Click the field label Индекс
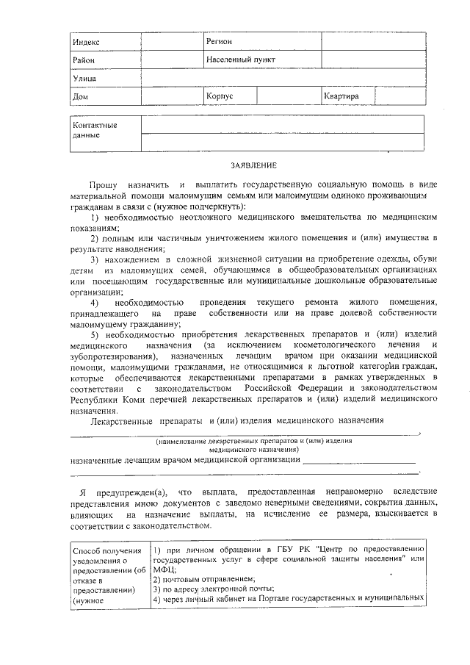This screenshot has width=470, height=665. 86,42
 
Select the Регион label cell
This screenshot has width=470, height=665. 220,41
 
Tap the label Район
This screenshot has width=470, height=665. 84,60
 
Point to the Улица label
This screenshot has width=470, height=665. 84,78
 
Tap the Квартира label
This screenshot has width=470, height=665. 341,96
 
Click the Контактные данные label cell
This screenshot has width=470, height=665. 95,130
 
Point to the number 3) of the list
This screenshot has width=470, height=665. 95,260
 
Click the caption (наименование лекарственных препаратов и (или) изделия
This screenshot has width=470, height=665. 253,441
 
